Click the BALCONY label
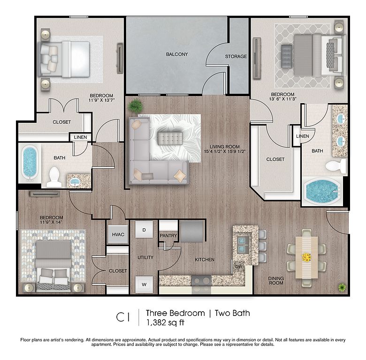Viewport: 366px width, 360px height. pyautogui.click(x=177, y=54)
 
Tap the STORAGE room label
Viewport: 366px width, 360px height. pyautogui.click(x=236, y=56)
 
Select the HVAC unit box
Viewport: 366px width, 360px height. pyautogui.click(x=118, y=234)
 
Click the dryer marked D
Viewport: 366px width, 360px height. pyautogui.click(x=144, y=230)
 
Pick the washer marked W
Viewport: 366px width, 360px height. pyautogui.click(x=144, y=285)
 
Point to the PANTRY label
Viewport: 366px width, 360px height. pyautogui.click(x=168, y=236)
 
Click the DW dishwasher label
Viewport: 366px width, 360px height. pyautogui.click(x=238, y=267)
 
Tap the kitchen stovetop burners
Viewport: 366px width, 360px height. pyautogui.click(x=201, y=280)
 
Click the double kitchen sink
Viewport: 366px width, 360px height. pyautogui.click(x=243, y=244)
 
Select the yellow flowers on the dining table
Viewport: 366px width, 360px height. pyautogui.click(x=306, y=257)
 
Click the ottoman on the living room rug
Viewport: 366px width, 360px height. pyautogui.click(x=170, y=138)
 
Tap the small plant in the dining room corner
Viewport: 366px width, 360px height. pyautogui.click(x=342, y=287)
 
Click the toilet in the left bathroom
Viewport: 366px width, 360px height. pyautogui.click(x=54, y=177)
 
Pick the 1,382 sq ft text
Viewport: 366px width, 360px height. pyautogui.click(x=165, y=322)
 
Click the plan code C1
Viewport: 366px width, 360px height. pyautogui.click(x=123, y=317)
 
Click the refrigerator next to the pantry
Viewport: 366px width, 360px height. pyautogui.click(x=191, y=232)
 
